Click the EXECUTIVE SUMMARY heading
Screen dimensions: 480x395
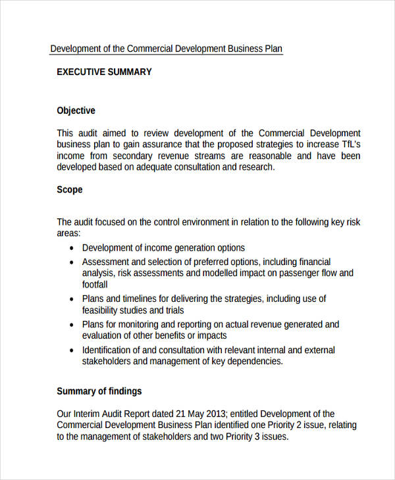(104, 72)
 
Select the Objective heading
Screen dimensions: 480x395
(76, 110)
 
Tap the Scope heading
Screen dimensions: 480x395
(70, 189)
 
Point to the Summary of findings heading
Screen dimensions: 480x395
(99, 391)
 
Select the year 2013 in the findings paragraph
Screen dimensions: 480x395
(215, 414)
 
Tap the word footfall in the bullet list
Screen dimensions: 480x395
(95, 285)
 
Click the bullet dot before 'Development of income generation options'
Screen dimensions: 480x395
(71, 249)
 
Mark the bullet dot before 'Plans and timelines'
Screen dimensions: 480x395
(71, 299)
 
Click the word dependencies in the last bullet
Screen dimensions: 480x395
(253, 361)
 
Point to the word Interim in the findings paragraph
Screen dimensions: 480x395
(89, 414)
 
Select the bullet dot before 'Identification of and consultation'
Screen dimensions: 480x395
(71, 350)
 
